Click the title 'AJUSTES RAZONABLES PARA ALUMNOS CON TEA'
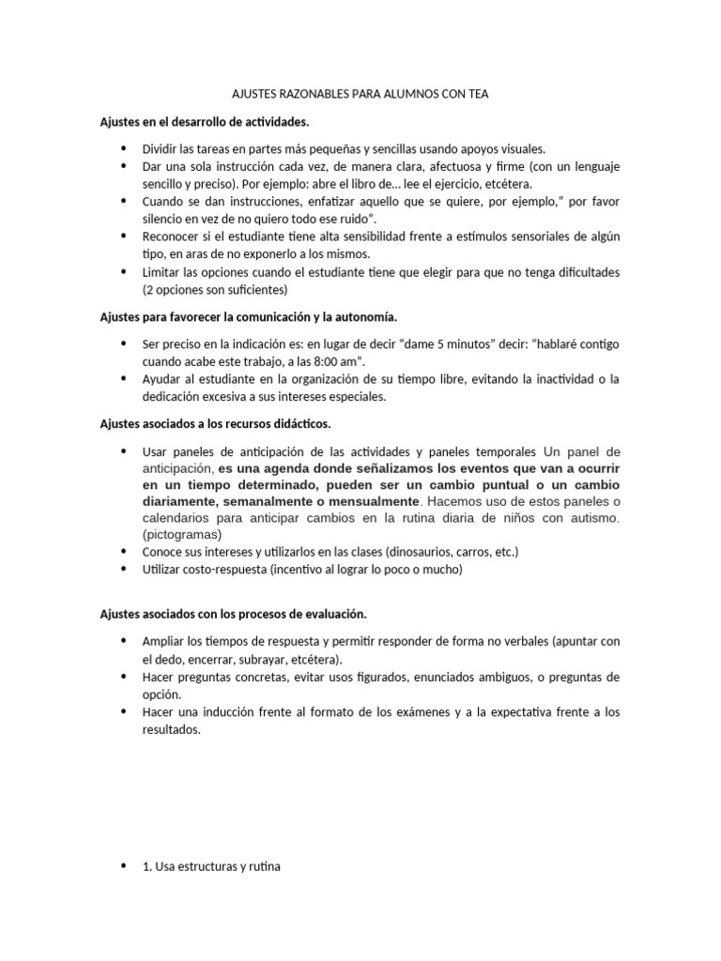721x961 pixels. click(360, 95)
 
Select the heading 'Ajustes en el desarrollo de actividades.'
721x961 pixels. click(204, 122)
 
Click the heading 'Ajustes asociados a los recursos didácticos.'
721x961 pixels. click(215, 423)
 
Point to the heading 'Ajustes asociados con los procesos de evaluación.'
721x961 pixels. click(233, 613)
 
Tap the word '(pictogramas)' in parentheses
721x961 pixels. click(182, 534)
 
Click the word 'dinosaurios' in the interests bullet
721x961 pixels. click(408, 551)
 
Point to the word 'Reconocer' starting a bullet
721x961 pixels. click(171, 236)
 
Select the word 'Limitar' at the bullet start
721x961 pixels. click(161, 272)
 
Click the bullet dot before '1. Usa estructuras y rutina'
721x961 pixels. click(124, 866)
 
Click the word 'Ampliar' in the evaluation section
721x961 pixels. click(163, 641)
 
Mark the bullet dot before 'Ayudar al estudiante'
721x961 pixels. click(124, 378)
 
